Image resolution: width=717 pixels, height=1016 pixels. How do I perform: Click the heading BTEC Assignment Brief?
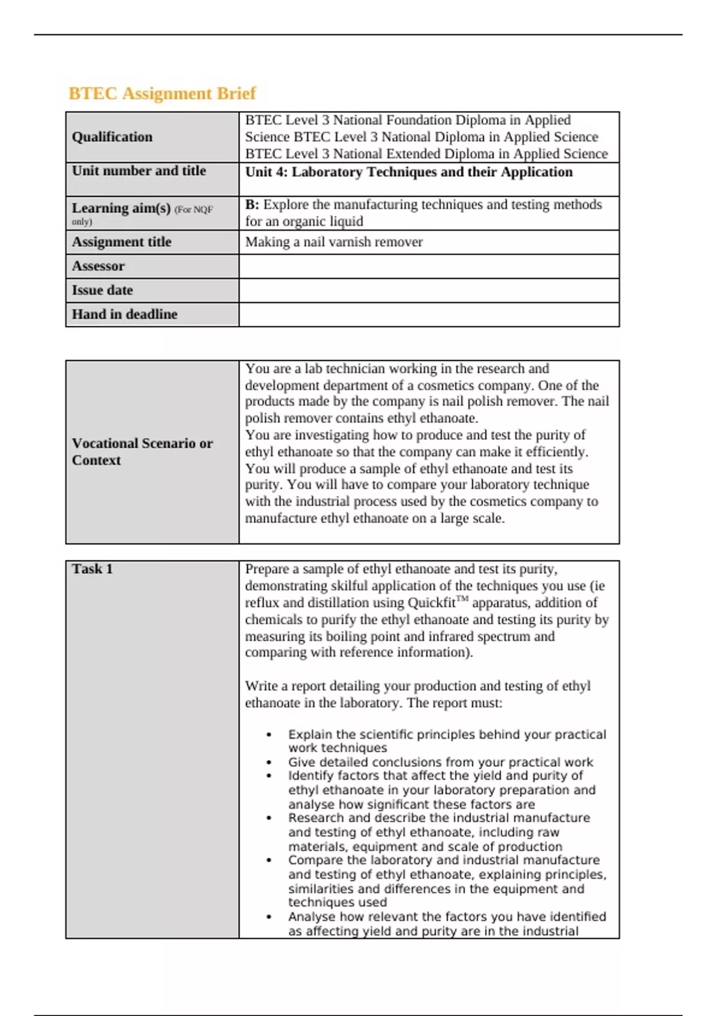point(162,93)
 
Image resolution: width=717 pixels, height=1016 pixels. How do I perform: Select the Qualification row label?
point(112,137)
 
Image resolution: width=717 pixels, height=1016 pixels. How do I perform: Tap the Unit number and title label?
point(139,171)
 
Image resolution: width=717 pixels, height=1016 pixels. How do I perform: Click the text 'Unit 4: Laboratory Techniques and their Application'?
point(409,172)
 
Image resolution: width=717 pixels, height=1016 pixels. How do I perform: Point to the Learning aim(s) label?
point(121,208)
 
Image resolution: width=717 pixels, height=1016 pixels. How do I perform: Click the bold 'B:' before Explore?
point(252,204)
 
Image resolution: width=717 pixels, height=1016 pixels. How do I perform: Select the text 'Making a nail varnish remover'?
point(333,242)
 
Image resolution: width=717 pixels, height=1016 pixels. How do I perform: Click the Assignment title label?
point(121,242)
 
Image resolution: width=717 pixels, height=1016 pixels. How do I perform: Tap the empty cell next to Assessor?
point(428,267)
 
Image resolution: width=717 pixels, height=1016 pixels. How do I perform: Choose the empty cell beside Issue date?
point(428,290)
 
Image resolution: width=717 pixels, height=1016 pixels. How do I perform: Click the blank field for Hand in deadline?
point(428,314)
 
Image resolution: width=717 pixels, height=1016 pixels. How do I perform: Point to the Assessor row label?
point(98,267)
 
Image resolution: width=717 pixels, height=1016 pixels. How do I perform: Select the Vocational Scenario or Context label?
point(142,452)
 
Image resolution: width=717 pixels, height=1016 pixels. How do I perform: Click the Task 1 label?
point(92,569)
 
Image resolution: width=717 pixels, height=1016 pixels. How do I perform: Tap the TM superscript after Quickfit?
point(462,598)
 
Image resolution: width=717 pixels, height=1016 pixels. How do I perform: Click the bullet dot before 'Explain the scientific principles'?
point(269,735)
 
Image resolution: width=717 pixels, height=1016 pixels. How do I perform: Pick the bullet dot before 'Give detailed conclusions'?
point(269,763)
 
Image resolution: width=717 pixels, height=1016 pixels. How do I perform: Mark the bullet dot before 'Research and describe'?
point(269,818)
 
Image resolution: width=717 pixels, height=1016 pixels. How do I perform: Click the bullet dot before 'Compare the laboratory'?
point(269,861)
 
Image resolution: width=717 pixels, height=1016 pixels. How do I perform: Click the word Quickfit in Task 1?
point(431,603)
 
